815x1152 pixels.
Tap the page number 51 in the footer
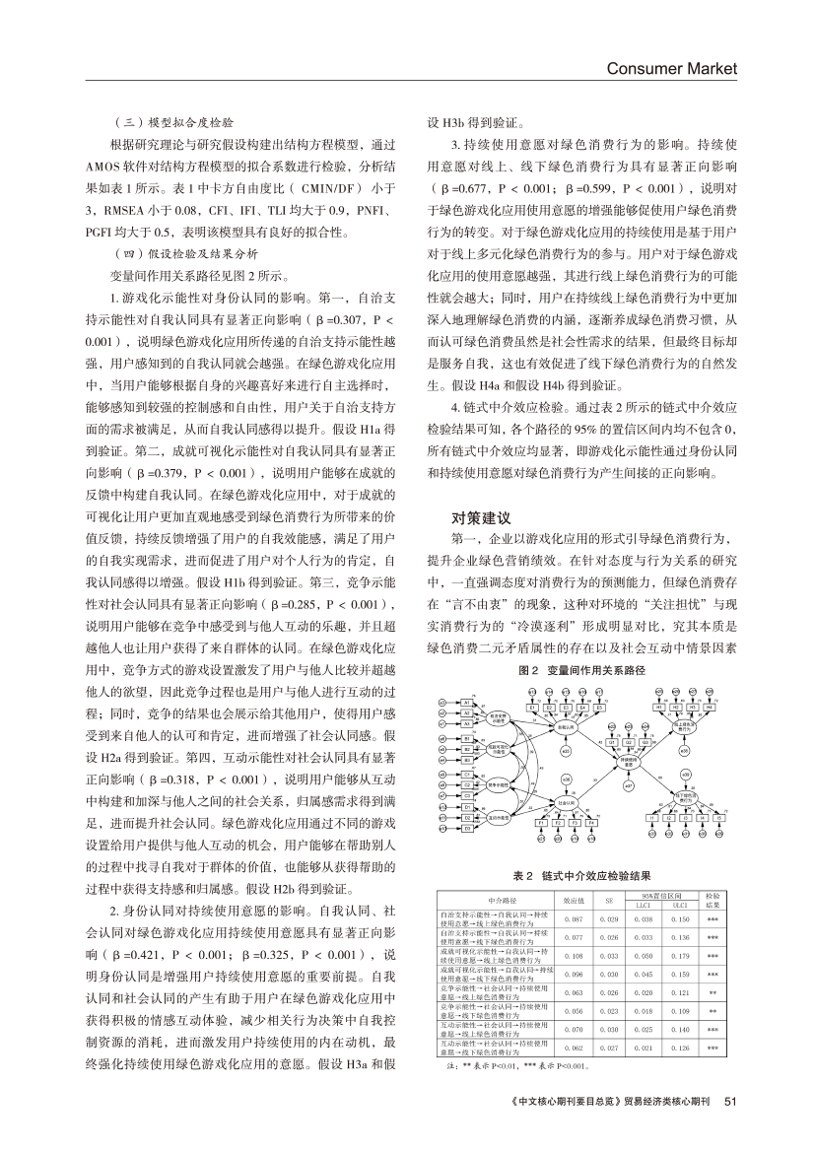tap(730, 1101)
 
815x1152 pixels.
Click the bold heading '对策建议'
tap(482, 516)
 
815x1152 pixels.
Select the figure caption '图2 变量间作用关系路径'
tap(580, 670)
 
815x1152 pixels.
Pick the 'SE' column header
tap(609, 900)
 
